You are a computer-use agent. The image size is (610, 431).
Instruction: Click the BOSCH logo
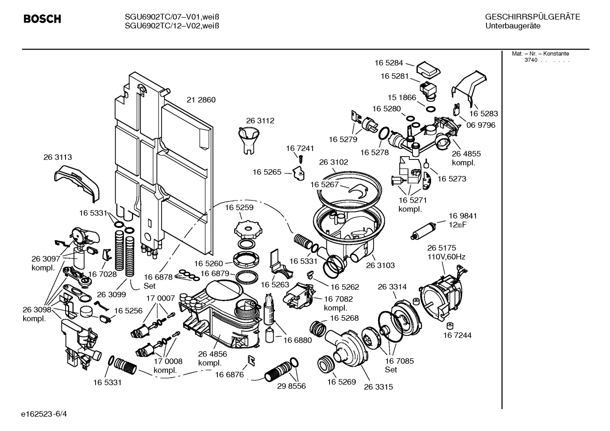[x=42, y=19]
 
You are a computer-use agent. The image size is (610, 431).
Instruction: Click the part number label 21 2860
[x=201, y=100]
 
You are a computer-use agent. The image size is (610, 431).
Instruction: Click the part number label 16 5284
[x=388, y=63]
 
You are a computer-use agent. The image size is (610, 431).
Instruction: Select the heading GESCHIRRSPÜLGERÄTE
[x=532, y=17]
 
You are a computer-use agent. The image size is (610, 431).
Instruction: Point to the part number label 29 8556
[x=291, y=386]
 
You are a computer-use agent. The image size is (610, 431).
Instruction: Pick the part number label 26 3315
[x=378, y=387]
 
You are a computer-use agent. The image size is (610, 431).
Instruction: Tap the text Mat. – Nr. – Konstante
[x=540, y=54]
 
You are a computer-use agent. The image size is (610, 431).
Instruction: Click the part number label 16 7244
[x=457, y=335]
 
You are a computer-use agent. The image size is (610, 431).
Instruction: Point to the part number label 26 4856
[x=212, y=354]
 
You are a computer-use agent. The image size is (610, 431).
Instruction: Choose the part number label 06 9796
[x=481, y=125]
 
